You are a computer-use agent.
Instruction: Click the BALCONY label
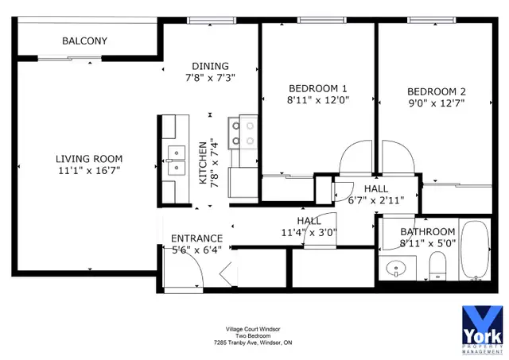pos(84,41)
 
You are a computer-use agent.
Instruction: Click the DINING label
pos(210,66)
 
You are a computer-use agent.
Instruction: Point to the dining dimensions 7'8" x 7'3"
pos(210,78)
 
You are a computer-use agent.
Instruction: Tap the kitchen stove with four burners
pos(243,133)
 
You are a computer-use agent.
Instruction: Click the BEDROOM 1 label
pos(318,88)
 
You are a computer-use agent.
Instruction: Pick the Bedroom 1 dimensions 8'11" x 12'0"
pos(318,101)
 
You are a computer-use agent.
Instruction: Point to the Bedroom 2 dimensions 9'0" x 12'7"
pos(436,103)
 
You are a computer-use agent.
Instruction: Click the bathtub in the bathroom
pos(476,250)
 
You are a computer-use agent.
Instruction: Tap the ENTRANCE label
pos(197,238)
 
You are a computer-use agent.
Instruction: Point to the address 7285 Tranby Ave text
pos(252,343)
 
